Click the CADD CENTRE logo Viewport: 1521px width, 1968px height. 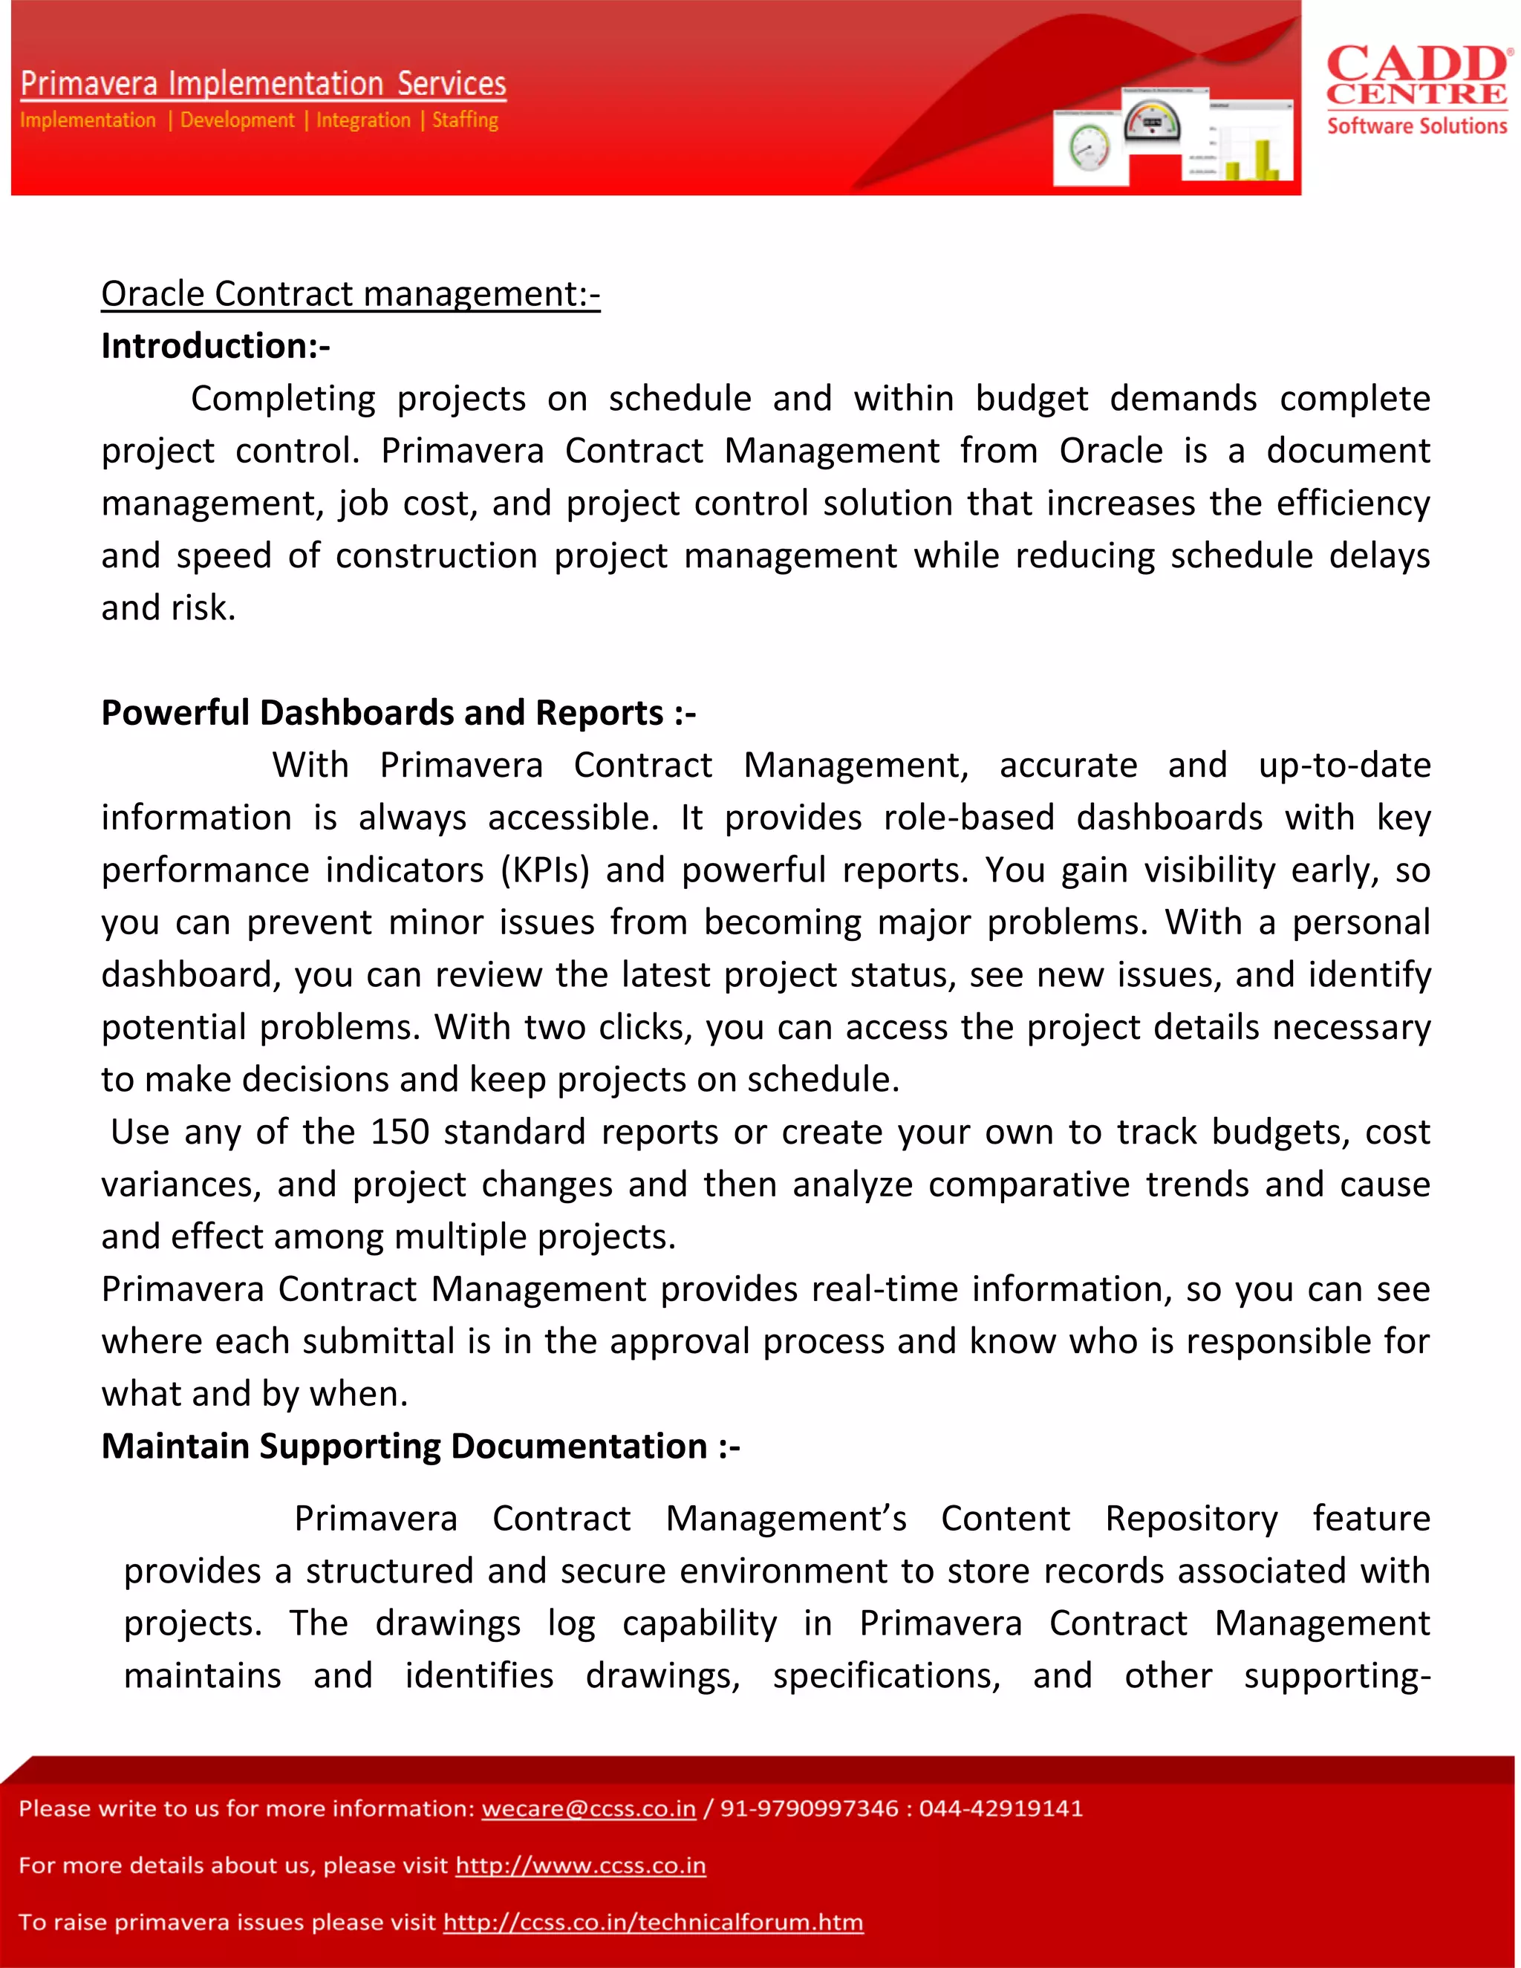click(x=1417, y=76)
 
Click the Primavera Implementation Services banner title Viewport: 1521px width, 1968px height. click(x=263, y=84)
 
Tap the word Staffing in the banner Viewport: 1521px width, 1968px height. click(x=465, y=120)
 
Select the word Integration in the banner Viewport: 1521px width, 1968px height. click(x=363, y=120)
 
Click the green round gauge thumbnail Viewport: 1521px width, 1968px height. click(x=1090, y=148)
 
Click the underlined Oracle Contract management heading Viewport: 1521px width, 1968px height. click(x=350, y=294)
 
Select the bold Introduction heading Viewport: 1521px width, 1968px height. click(x=215, y=346)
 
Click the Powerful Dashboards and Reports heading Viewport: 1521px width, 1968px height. click(x=397, y=713)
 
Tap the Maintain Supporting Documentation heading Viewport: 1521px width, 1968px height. click(x=420, y=1446)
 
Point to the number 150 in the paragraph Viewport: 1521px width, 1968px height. click(x=399, y=1132)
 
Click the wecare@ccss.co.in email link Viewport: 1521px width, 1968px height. click(x=588, y=1808)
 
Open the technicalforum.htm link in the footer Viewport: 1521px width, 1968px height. click(x=652, y=1922)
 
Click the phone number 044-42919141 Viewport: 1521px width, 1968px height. click(x=1000, y=1808)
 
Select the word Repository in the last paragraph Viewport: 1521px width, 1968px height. click(x=1191, y=1519)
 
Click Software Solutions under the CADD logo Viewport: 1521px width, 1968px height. click(x=1416, y=126)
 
